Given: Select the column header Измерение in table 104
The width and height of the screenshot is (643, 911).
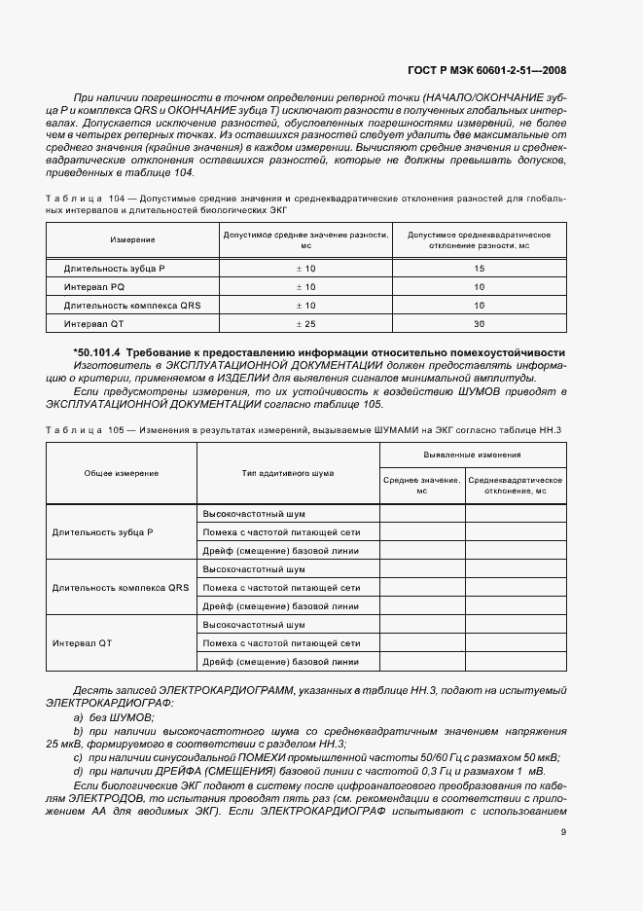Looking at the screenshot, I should click(x=132, y=239).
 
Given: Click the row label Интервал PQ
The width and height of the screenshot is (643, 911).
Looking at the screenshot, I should click(x=93, y=286).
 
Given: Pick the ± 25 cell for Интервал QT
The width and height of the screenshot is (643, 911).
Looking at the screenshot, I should click(x=305, y=323).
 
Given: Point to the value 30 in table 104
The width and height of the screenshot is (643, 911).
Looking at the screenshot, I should click(x=479, y=323).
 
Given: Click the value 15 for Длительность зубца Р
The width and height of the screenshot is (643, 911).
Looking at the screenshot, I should click(x=479, y=268).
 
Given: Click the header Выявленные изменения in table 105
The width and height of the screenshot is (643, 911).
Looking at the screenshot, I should click(x=472, y=455).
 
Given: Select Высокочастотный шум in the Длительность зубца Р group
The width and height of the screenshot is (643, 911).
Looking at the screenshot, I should click(x=253, y=513).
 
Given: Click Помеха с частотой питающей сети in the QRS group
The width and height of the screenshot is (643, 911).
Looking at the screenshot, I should click(x=280, y=588).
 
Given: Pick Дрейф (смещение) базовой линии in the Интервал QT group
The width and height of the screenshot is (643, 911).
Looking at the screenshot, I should click(x=280, y=662).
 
